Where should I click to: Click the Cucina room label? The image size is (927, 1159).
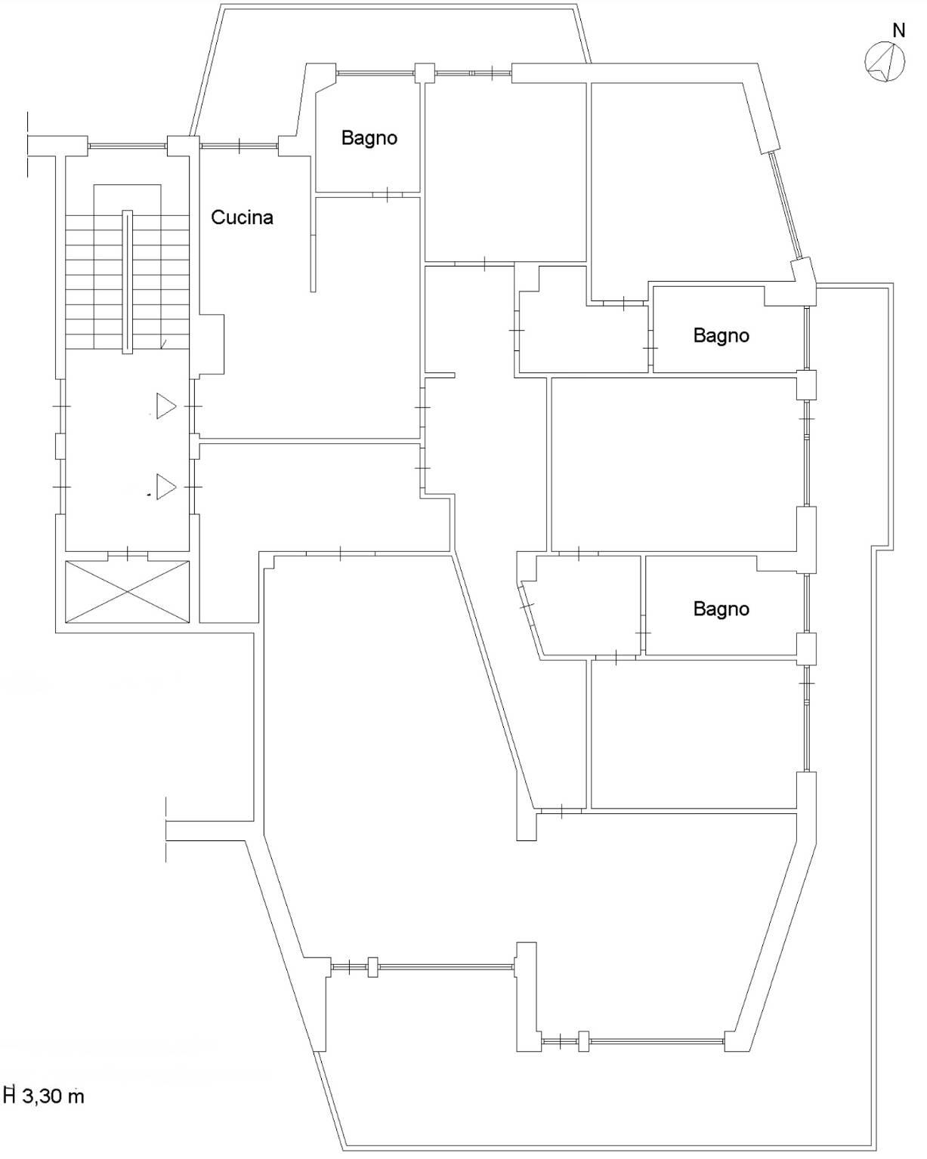coord(242,217)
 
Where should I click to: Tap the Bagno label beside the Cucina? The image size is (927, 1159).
coord(369,138)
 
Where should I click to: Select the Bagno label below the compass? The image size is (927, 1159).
coord(721,336)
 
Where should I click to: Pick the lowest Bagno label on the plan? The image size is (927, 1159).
coord(721,609)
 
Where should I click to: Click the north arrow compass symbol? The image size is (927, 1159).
coord(885,62)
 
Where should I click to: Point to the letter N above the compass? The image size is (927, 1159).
coord(898,31)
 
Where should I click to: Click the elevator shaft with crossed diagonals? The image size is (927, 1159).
coord(127,591)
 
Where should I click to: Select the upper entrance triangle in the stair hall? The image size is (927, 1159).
coord(166,406)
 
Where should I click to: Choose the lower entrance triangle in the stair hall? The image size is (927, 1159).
coord(166,486)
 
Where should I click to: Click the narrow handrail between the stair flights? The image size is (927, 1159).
coord(127,282)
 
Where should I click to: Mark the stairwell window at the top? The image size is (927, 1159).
coord(127,146)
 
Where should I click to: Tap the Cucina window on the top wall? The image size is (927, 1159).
coord(239,145)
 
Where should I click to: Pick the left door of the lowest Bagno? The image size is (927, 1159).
coord(643,632)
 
